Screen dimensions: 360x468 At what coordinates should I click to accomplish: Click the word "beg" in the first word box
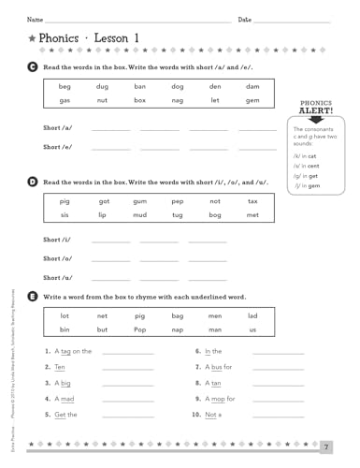(65, 86)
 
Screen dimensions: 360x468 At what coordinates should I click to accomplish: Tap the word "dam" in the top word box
(252, 86)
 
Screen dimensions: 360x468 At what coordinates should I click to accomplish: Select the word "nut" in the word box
(102, 100)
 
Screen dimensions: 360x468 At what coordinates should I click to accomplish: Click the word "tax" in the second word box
(252, 201)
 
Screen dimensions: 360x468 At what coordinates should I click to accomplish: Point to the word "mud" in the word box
(139, 215)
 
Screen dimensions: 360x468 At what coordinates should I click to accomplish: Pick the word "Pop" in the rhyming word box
(139, 330)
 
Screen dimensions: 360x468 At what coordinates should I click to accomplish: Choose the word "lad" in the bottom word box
(252, 316)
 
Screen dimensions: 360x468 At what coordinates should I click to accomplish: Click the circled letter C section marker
(34, 68)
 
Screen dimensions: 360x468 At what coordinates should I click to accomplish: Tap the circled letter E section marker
(34, 296)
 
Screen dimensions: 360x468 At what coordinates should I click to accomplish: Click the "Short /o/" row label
(58, 258)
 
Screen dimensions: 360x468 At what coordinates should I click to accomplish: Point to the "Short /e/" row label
(58, 147)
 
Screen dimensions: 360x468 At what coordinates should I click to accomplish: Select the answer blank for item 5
(128, 415)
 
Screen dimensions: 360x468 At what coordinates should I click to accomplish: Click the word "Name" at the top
(35, 19)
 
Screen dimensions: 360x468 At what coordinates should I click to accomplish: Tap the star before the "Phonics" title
(33, 38)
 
